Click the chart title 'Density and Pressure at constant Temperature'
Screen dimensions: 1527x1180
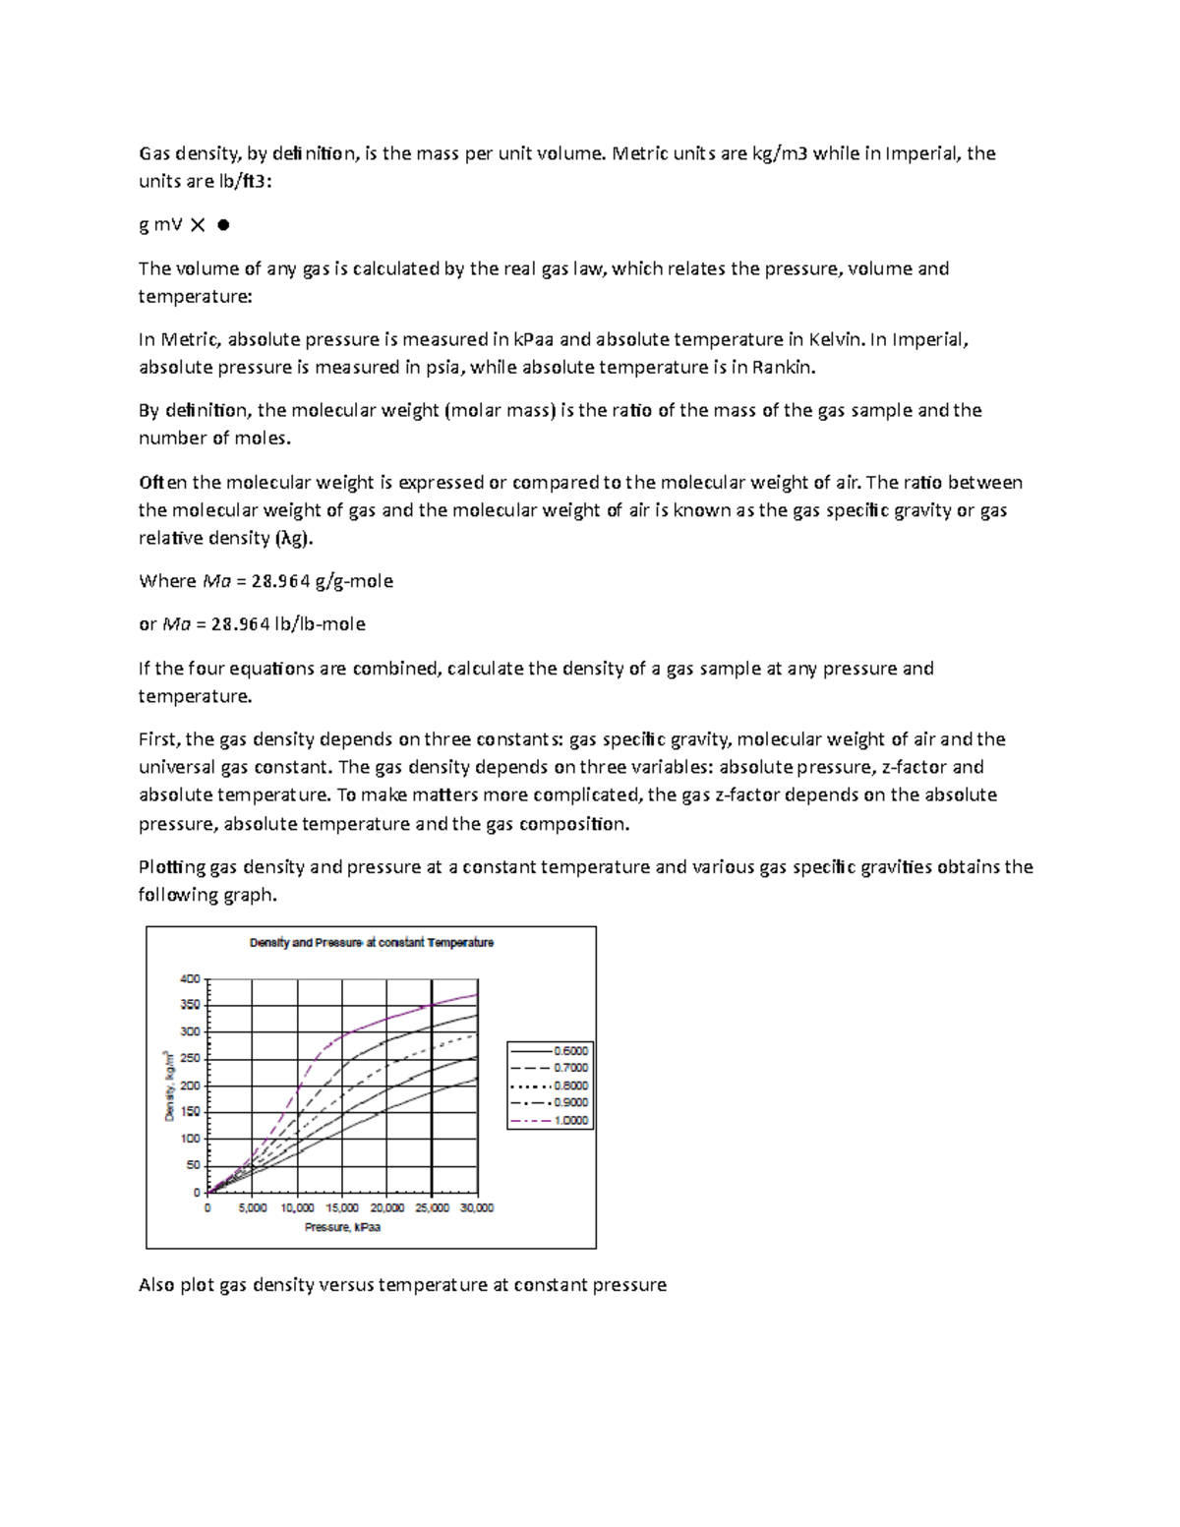point(371,942)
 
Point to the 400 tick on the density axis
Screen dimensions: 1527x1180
point(189,978)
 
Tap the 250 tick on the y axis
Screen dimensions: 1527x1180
point(189,1059)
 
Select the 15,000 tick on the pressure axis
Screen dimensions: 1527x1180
point(342,1207)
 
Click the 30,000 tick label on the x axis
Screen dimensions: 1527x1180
point(477,1207)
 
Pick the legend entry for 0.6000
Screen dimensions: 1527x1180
point(550,1050)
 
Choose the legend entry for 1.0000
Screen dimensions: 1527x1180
point(550,1120)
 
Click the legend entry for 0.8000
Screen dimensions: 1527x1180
point(550,1086)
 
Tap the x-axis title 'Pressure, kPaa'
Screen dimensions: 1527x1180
point(342,1227)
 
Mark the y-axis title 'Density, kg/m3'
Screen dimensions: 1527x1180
point(169,1086)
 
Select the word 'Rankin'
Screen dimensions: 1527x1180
point(783,368)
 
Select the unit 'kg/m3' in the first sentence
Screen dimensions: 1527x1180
point(777,153)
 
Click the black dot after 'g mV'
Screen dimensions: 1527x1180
point(223,225)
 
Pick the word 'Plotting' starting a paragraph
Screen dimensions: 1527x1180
point(172,867)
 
